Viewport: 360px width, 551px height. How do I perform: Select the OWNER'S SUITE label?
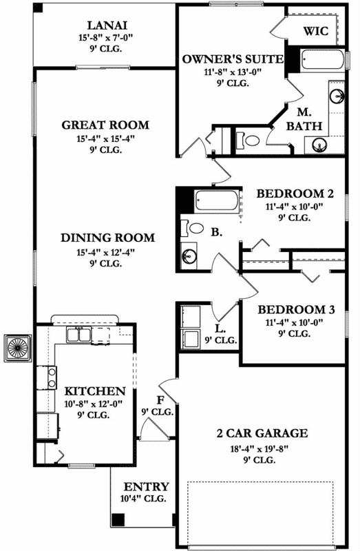[233, 60]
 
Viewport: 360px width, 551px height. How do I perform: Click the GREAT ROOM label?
[105, 125]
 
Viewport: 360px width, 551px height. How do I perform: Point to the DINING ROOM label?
[107, 238]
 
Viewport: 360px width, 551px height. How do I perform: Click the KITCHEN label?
[95, 391]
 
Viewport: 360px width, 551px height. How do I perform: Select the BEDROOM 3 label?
[296, 310]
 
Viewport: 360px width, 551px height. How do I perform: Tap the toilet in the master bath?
[252, 141]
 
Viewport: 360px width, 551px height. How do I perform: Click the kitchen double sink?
[80, 335]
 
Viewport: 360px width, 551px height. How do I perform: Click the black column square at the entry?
[118, 518]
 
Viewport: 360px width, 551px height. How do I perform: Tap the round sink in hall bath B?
[189, 256]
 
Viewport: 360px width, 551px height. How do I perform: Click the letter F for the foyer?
[160, 399]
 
